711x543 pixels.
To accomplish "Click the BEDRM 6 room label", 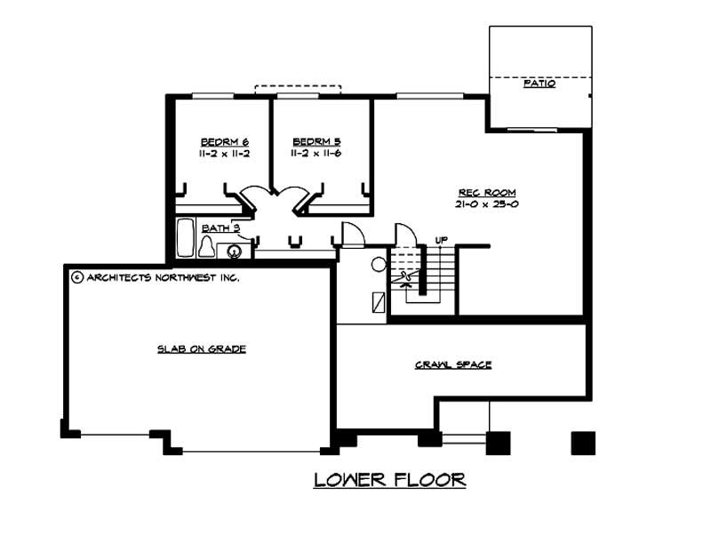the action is [x=225, y=142].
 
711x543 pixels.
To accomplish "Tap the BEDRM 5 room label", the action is [x=316, y=142].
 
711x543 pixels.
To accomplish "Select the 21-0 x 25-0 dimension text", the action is [x=487, y=204].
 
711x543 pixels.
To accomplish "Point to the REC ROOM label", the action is [x=487, y=193].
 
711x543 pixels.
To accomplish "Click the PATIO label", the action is [x=539, y=84].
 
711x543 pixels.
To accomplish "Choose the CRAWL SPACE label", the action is [x=453, y=364].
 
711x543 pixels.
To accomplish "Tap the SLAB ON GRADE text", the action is [x=202, y=348].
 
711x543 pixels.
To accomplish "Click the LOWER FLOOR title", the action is [x=390, y=480].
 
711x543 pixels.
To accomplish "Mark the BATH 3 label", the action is [x=220, y=228].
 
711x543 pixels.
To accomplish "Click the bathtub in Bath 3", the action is [x=185, y=238].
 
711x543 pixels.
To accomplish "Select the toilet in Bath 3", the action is [x=207, y=246].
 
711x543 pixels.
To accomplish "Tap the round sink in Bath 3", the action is [x=234, y=251].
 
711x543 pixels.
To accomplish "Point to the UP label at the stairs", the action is [x=441, y=240].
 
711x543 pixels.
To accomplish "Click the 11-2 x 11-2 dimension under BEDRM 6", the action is [x=225, y=153].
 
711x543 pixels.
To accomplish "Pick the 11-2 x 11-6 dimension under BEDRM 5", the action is [x=316, y=153].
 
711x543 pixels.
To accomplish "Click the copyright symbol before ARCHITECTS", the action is [x=77, y=277].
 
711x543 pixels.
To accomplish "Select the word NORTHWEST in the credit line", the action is [x=186, y=277].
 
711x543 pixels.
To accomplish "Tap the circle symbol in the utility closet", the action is [x=379, y=264].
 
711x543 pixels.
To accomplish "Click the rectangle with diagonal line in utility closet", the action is [x=379, y=302].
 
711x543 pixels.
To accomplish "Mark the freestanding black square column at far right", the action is [x=583, y=443].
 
